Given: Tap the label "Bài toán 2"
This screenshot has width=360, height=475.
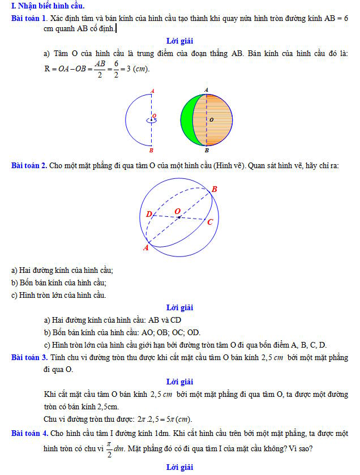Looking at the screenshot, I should click(28, 166).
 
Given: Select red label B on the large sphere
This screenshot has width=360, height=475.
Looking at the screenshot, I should click(215, 189).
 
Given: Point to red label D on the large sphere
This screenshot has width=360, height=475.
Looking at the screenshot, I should click(149, 215).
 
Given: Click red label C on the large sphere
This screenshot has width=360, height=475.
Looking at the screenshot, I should click(209, 222).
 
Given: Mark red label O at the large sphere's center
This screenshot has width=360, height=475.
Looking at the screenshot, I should click(178, 211).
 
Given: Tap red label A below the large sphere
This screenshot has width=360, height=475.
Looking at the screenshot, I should click(145, 247).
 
